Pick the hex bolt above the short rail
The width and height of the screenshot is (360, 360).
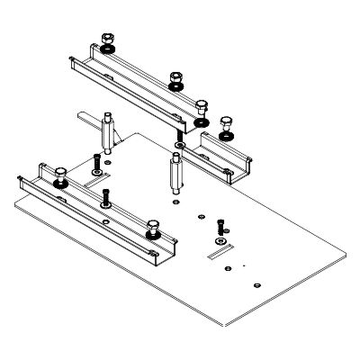226,121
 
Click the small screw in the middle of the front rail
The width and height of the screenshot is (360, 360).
106,198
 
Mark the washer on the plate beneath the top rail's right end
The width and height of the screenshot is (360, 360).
181,144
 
